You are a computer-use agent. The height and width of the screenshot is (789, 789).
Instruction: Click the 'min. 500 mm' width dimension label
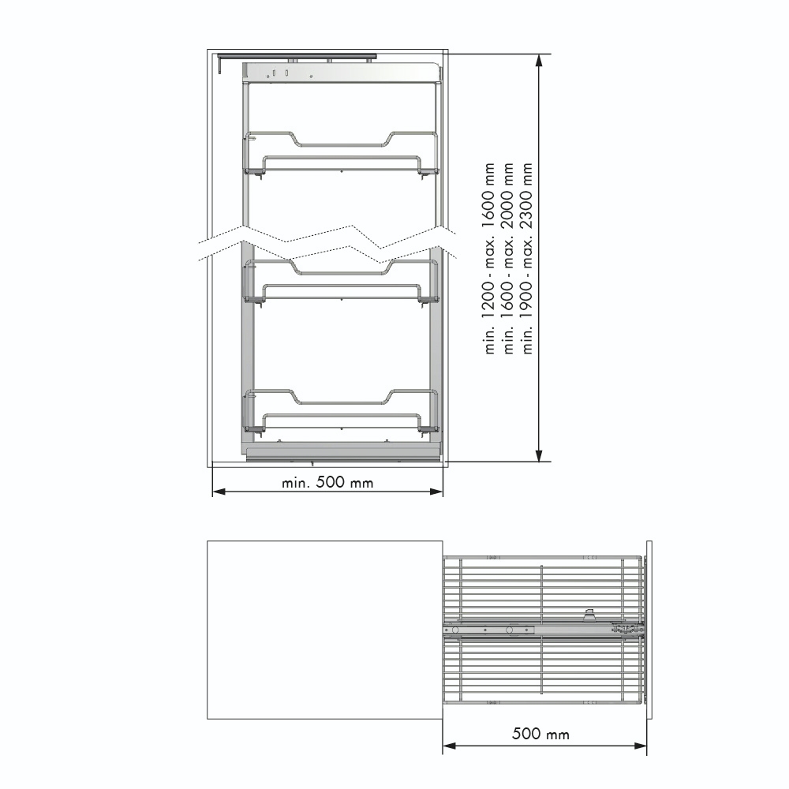[x=327, y=483]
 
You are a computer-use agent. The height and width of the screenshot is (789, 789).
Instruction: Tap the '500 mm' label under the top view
[x=540, y=734]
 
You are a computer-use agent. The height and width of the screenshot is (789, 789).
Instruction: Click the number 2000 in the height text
[x=507, y=196]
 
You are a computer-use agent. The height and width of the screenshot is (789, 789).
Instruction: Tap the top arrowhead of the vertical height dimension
[x=539, y=60]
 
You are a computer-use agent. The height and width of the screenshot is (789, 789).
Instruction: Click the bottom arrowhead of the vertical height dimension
[x=539, y=455]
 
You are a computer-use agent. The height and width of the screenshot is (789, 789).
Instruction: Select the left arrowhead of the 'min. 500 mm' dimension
[x=219, y=491]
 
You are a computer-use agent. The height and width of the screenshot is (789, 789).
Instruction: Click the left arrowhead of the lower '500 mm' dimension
[x=450, y=746]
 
